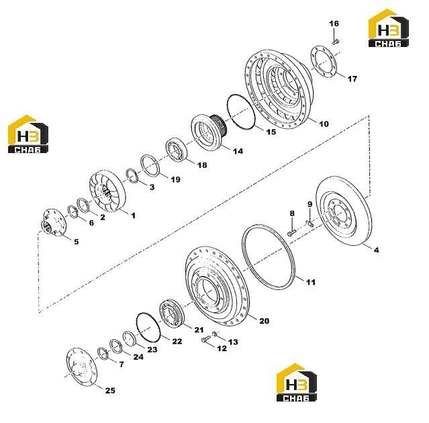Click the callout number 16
point(334,23)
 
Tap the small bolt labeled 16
point(336,42)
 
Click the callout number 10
point(324,124)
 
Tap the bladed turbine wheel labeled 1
point(107,191)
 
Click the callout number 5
point(77,242)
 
